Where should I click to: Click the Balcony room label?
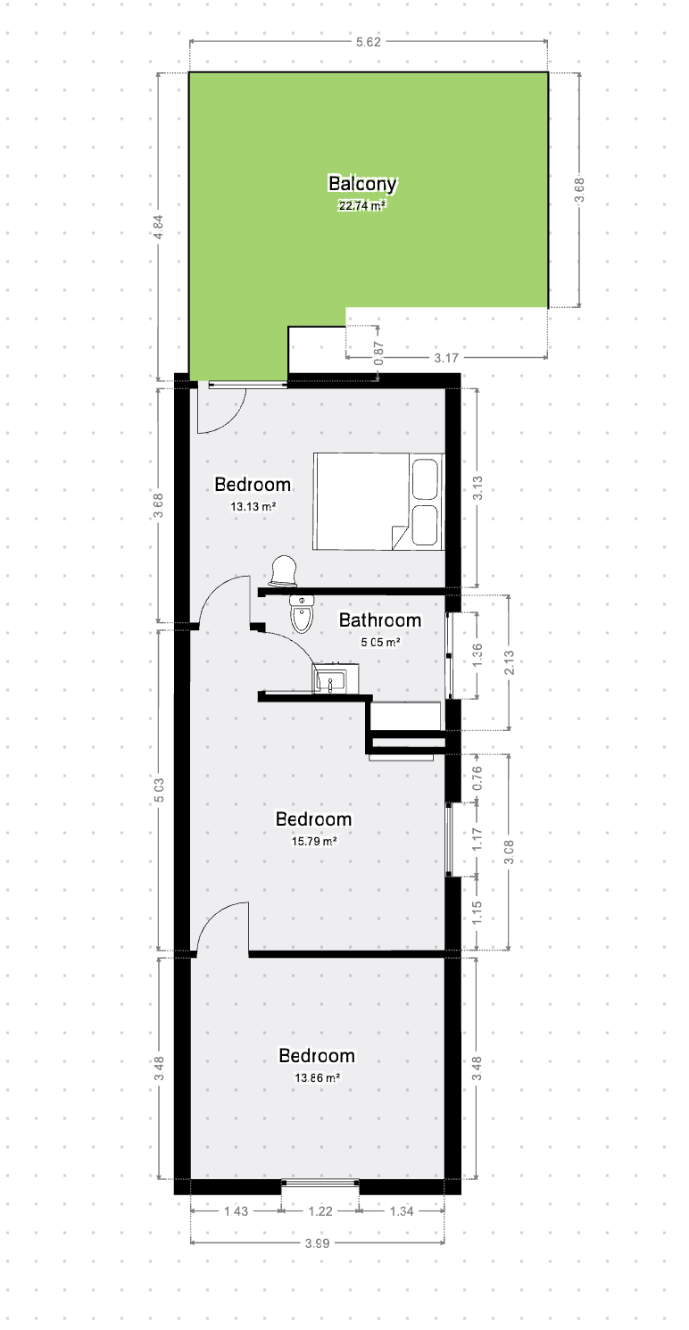(362, 184)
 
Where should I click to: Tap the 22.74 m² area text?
(362, 206)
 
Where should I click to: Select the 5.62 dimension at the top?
(368, 42)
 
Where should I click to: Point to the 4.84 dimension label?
(159, 227)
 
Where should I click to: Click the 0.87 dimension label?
(379, 353)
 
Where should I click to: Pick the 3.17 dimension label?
(446, 358)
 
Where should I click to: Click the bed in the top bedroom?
(378, 502)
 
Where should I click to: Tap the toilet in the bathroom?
(302, 614)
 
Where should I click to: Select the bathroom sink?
(336, 678)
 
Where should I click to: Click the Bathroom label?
(380, 620)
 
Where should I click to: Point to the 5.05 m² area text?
(380, 643)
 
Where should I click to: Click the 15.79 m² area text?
(314, 842)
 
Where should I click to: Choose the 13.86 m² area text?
(317, 1077)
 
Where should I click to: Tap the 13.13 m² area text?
(253, 507)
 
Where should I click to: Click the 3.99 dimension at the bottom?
(317, 1243)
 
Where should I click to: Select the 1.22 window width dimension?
(320, 1210)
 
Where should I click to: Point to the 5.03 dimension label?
(159, 790)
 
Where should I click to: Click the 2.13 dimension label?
(510, 662)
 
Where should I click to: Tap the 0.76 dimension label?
(477, 778)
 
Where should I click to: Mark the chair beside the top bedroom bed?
(283, 571)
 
